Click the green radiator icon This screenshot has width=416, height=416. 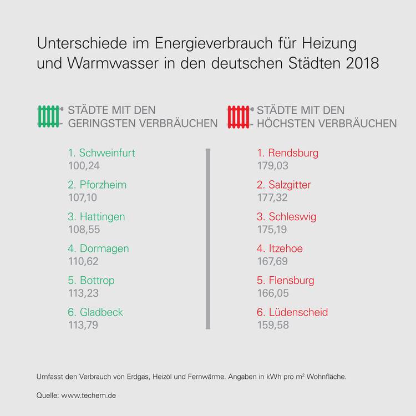tap(48, 116)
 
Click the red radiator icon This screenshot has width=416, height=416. tap(239, 116)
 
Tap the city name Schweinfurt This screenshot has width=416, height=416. tap(107, 153)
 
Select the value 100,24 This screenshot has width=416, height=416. tap(83, 165)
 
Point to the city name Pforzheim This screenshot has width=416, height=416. tap(103, 185)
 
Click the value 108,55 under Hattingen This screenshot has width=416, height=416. tap(83, 229)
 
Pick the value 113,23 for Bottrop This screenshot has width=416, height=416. tap(83, 293)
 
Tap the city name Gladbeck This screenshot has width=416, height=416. tap(101, 312)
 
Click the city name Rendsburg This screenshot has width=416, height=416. tap(293, 153)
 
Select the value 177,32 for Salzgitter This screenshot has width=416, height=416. tap(273, 197)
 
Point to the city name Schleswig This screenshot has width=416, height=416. tap(292, 217)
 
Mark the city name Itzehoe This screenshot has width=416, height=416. tap(285, 248)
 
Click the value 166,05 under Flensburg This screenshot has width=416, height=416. tap(273, 293)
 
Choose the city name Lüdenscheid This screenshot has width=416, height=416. tap(298, 312)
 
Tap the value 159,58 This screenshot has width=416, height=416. tap(273, 324)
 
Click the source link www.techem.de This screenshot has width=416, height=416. tap(89, 395)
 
